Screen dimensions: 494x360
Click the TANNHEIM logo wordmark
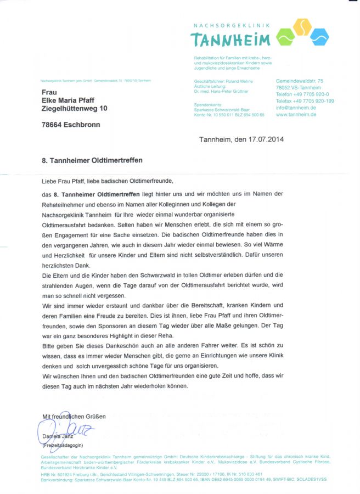click(230, 40)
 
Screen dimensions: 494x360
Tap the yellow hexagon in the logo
click(302, 26)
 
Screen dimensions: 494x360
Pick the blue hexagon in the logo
click(319, 37)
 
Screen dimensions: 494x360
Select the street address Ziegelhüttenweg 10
click(75, 109)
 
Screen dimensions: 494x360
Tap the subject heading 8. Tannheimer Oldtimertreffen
click(92, 161)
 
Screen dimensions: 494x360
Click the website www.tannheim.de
click(296, 114)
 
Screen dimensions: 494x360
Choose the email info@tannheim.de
click(296, 108)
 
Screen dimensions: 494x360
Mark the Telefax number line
click(305, 101)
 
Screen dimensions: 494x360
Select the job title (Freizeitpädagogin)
click(63, 445)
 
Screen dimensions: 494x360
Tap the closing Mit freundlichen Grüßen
click(74, 417)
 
